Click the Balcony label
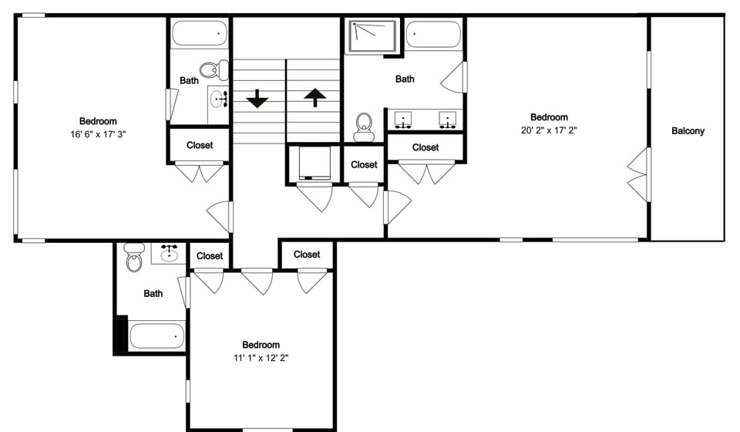(688, 131)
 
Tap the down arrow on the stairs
(257, 99)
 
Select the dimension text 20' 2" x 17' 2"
(549, 130)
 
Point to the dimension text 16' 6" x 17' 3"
(97, 133)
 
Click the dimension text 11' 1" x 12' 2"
(261, 358)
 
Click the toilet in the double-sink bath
(364, 127)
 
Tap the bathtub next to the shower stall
(432, 35)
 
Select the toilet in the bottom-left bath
(135, 258)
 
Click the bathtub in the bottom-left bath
(156, 336)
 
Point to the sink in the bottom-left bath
(169, 251)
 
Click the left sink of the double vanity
(402, 119)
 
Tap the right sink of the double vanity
(446, 119)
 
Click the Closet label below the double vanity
(425, 147)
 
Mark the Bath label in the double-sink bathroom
(405, 79)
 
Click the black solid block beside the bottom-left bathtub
(120, 333)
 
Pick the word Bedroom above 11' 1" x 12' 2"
(261, 345)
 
